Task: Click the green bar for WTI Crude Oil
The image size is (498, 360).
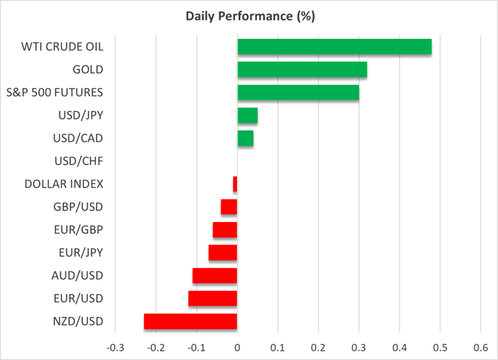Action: (334, 47)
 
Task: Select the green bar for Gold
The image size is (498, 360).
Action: (302, 69)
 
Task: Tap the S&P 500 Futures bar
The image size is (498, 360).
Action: (298, 92)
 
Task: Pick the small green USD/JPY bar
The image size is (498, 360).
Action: (248, 116)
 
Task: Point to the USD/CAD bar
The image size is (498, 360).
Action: (246, 139)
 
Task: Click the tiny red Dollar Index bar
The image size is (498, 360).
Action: (235, 184)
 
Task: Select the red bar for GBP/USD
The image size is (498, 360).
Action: (229, 207)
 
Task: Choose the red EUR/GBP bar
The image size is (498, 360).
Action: (225, 230)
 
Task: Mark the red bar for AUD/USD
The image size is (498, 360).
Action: (215, 275)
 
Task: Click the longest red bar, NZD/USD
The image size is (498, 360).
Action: (190, 321)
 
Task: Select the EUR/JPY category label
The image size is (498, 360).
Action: (81, 252)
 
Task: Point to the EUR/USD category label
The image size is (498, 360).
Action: (79, 299)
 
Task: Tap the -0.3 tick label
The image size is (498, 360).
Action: (115, 347)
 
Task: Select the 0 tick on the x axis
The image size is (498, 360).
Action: (237, 347)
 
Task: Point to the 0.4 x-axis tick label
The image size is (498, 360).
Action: (399, 347)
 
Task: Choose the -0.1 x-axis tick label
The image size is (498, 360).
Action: (196, 347)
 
